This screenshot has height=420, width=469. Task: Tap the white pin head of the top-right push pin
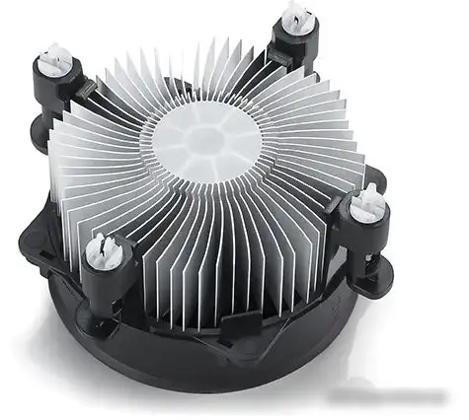tap(294, 14)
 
